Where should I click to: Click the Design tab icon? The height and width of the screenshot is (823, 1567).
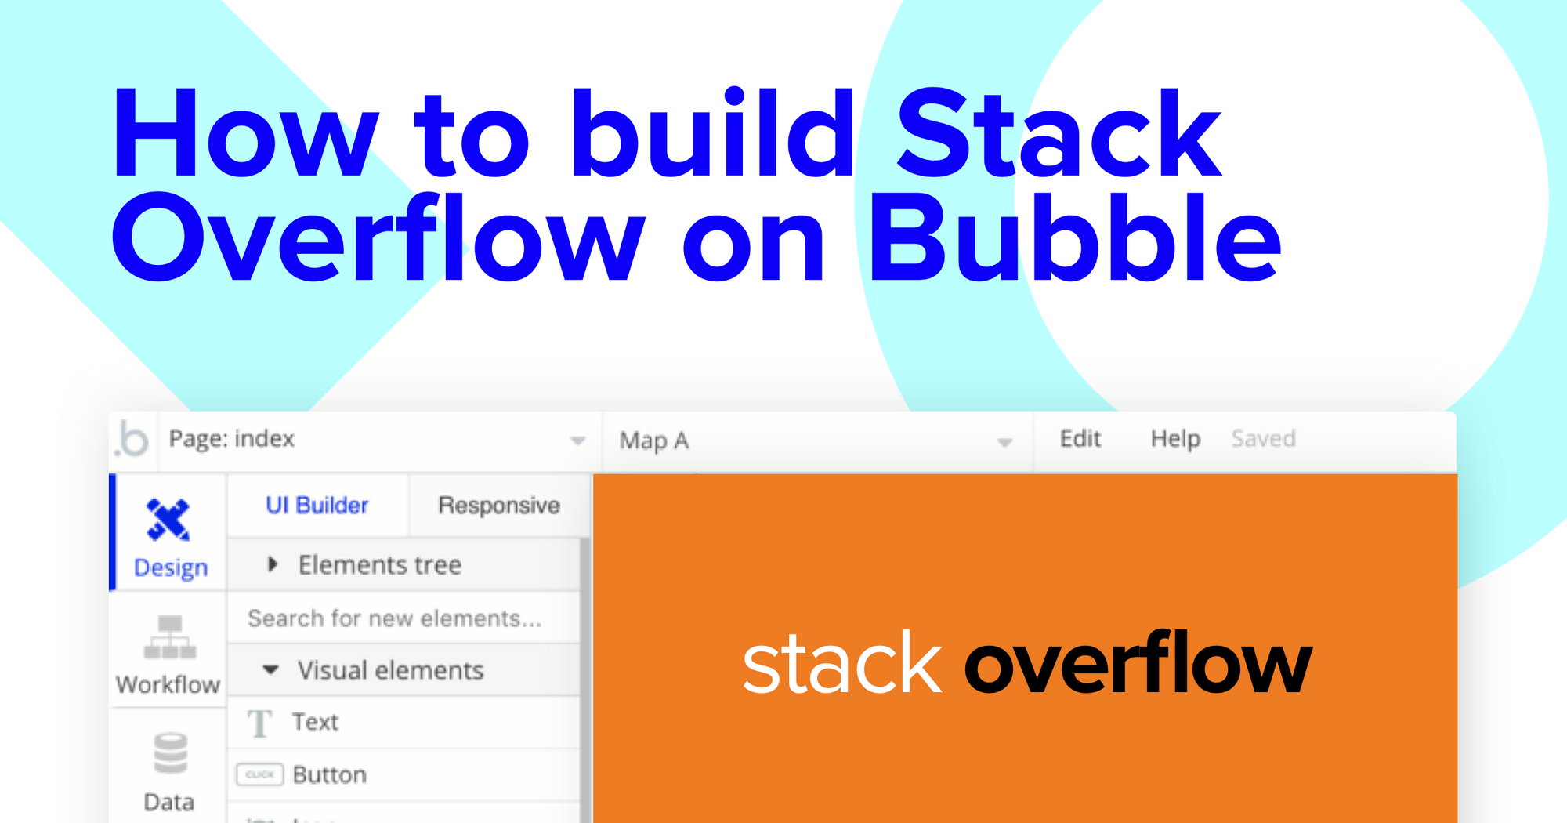coord(168,519)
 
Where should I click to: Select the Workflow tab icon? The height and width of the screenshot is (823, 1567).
coord(170,637)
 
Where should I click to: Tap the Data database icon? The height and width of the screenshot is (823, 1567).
coord(170,753)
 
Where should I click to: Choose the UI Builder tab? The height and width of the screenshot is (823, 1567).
coord(317,506)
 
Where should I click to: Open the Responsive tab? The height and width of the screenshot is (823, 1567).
coord(498,506)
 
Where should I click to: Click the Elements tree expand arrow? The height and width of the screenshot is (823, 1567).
coord(272,564)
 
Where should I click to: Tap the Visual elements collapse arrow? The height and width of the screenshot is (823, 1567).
coord(270,670)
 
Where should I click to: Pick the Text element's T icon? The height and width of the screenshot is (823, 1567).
coord(260,723)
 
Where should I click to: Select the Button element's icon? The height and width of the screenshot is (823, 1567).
coord(259,774)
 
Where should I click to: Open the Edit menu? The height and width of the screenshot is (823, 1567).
coord(1080,439)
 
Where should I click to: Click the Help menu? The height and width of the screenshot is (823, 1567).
coord(1175,439)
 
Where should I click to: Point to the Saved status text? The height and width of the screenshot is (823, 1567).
coord(1263,439)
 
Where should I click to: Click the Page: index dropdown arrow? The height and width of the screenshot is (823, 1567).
coord(577,441)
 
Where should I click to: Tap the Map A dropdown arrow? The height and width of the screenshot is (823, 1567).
coord(1004,443)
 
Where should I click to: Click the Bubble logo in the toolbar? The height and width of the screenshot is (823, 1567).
coord(132,439)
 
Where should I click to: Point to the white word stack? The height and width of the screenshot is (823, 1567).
coord(841,665)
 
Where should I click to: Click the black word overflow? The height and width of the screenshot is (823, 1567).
coord(1138,665)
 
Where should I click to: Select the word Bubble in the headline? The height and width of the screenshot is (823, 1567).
coord(1075,239)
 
